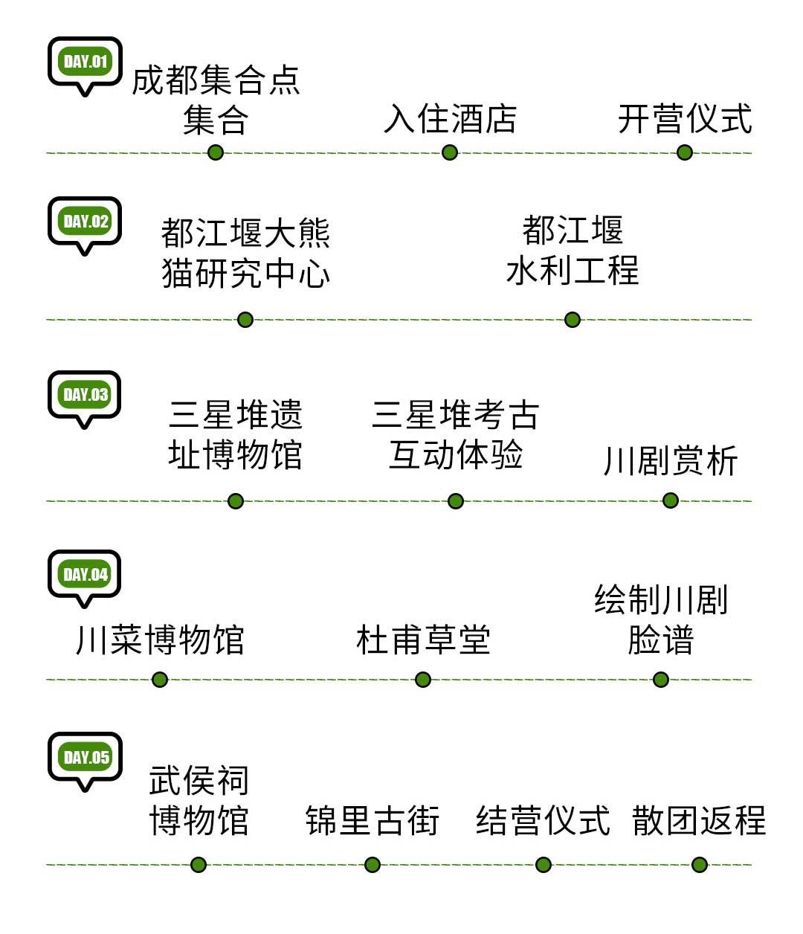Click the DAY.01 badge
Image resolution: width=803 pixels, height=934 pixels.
click(x=85, y=62)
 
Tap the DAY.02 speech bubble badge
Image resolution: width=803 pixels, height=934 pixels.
click(x=85, y=222)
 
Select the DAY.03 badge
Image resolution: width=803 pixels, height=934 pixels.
click(x=85, y=395)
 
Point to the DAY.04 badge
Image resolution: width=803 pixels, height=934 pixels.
click(x=85, y=575)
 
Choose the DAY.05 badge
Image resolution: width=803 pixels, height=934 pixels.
click(x=85, y=758)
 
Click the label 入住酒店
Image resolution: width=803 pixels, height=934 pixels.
click(x=450, y=119)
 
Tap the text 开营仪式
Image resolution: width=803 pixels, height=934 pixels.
click(x=685, y=119)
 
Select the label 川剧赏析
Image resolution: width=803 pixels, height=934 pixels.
click(x=670, y=461)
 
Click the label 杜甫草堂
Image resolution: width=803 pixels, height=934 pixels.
click(x=423, y=640)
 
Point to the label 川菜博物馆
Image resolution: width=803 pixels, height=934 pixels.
click(x=160, y=640)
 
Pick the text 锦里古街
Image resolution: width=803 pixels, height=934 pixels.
click(x=373, y=821)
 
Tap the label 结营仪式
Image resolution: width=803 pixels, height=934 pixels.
click(x=543, y=821)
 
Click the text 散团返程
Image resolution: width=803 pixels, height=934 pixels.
click(x=699, y=821)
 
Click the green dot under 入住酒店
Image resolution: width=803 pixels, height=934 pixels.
click(x=450, y=152)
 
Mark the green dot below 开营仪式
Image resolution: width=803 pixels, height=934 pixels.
click(x=685, y=152)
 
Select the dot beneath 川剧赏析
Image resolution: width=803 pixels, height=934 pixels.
click(x=670, y=500)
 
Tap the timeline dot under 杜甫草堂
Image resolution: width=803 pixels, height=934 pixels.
click(x=423, y=679)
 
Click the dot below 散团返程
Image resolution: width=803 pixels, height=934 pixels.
click(x=699, y=864)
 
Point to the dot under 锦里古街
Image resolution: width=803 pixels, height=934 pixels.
click(x=373, y=864)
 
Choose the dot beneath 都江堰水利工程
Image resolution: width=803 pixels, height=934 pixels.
click(x=572, y=320)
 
